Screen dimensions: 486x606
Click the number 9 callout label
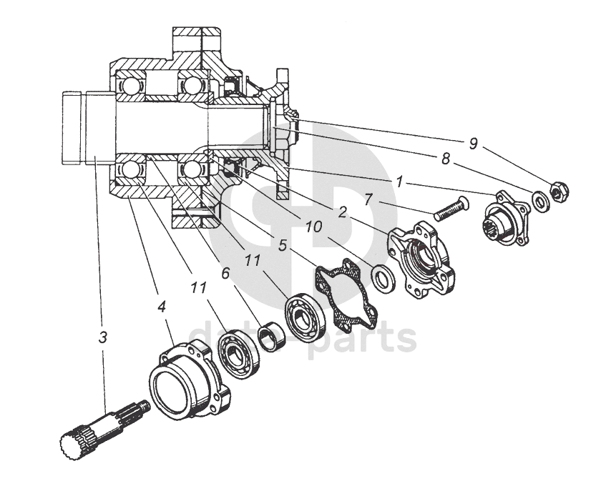click(473, 144)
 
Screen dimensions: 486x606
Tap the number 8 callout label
click(446, 160)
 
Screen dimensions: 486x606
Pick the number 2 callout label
click(343, 212)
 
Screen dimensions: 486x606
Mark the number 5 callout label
click(282, 245)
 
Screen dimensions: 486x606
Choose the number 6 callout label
click(226, 272)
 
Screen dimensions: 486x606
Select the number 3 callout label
click(103, 337)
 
